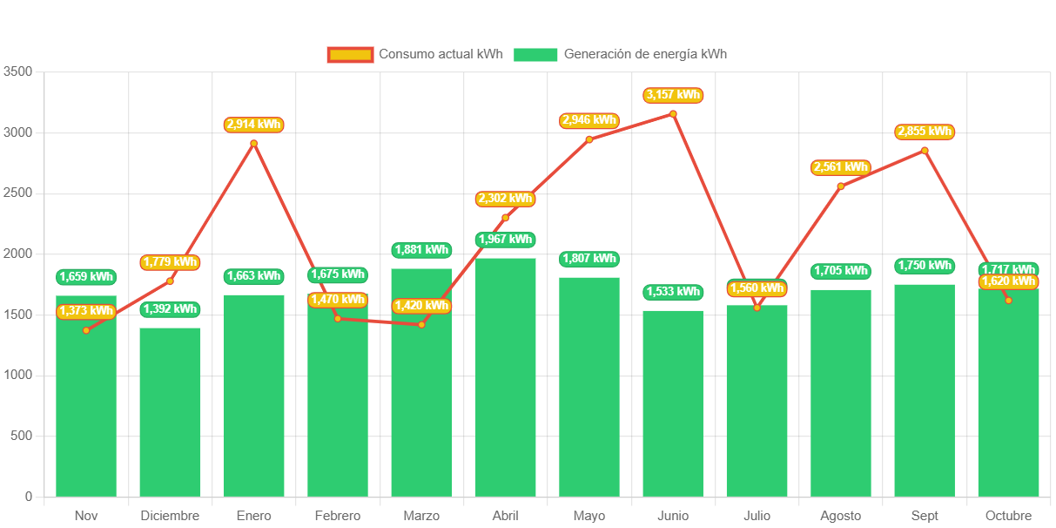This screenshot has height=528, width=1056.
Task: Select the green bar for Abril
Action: tap(505, 376)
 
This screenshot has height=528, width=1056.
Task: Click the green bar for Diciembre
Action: tap(170, 411)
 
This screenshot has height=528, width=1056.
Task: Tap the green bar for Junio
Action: tap(673, 403)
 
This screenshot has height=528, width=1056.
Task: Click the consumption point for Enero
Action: tap(253, 143)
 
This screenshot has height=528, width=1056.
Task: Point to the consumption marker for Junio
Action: tap(673, 113)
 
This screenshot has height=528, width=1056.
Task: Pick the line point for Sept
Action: tap(925, 150)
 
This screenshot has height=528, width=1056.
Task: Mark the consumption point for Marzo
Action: tap(421, 324)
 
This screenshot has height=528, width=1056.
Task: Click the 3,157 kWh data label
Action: tap(673, 95)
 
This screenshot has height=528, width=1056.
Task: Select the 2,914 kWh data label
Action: tap(253, 125)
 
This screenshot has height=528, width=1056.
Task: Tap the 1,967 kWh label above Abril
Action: tap(505, 240)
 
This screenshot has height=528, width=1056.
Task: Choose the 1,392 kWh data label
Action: tap(170, 309)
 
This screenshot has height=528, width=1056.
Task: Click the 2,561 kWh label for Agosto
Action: tap(840, 167)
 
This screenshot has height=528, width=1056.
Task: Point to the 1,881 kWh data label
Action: tap(421, 250)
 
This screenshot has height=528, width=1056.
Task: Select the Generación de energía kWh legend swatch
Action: tap(535, 54)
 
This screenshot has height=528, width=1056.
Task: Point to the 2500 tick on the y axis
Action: tap(17, 193)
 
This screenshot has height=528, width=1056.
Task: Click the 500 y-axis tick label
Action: tap(22, 436)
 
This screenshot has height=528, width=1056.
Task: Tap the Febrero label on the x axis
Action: tap(338, 516)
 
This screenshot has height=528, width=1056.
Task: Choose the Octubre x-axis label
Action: tap(1008, 516)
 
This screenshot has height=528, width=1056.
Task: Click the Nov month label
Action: tap(86, 516)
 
